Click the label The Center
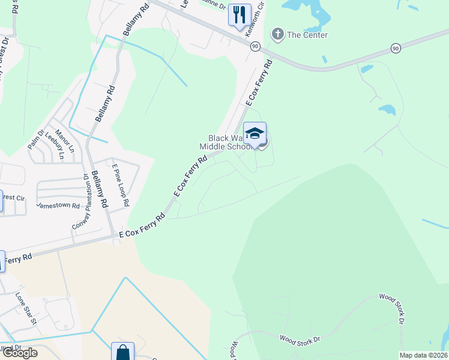(x=307, y=35)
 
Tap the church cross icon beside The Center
(x=277, y=34)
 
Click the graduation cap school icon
(x=255, y=133)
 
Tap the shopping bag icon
(x=122, y=352)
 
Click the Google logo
(x=19, y=353)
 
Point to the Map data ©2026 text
(x=423, y=355)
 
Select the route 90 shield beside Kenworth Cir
(x=255, y=46)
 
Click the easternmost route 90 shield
(x=395, y=48)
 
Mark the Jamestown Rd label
(x=58, y=205)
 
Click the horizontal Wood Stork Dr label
(x=300, y=340)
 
